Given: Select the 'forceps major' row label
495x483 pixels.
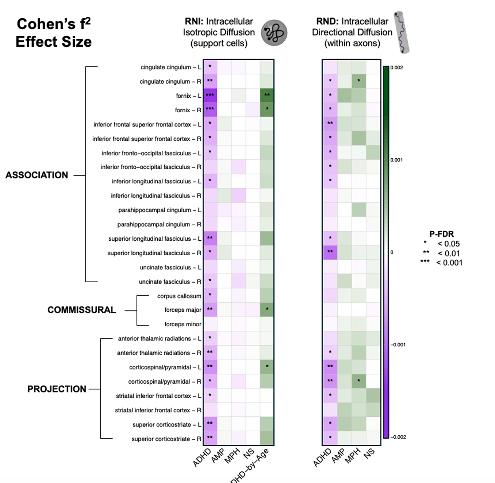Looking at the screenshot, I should [183, 310].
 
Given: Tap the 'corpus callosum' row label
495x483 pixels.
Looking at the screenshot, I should [179, 296].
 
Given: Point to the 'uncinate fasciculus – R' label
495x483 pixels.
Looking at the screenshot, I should [170, 281].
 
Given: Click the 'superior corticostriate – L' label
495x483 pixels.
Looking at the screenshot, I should [167, 424].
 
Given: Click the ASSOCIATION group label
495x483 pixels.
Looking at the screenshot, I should [37, 175].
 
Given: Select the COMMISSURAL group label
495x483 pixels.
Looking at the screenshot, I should [82, 310].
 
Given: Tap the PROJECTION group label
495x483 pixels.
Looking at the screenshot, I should [57, 389].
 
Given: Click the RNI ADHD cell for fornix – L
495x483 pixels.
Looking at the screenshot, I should [210, 96].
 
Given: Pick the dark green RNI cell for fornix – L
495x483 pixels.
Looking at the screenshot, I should [267, 96].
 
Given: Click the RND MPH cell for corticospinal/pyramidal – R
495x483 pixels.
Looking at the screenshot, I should [359, 381].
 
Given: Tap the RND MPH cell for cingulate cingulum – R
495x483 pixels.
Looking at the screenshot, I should [359, 81].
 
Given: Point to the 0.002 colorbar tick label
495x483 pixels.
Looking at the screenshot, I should [396, 67].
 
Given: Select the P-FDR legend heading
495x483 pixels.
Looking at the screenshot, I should [441, 234].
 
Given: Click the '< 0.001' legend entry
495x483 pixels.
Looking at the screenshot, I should [449, 262].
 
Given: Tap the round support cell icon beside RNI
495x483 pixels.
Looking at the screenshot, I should [274, 33].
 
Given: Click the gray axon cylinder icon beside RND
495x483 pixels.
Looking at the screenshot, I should [402, 32].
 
